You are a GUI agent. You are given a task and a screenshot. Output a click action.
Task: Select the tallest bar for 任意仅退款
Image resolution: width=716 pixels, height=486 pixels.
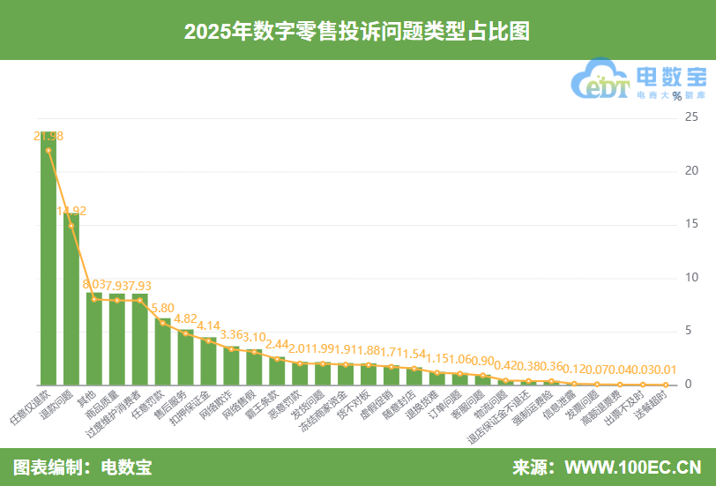48,265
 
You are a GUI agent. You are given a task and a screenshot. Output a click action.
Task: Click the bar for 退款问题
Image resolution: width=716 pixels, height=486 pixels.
71,300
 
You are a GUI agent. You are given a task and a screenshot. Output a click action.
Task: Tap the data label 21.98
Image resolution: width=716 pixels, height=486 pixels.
48,136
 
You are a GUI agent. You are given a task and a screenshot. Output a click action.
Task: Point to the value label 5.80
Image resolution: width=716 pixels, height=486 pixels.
163,309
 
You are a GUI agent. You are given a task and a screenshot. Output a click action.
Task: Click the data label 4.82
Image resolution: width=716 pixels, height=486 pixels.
186,319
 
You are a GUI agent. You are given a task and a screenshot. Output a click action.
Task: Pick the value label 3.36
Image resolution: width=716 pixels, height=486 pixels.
232,334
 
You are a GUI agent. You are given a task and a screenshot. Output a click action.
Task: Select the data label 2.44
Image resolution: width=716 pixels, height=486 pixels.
278,344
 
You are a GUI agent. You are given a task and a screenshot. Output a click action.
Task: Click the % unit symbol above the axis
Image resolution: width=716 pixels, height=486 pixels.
676,95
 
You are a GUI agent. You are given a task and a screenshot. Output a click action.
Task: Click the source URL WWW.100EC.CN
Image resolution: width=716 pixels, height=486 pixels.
632,467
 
